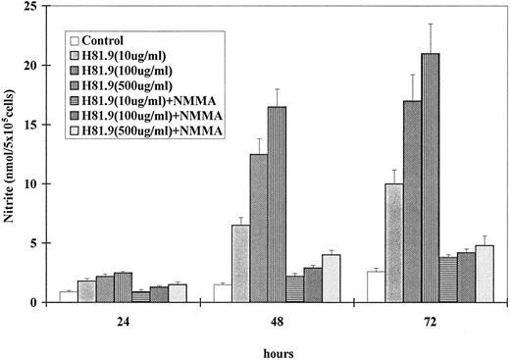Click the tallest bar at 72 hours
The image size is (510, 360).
click(430, 178)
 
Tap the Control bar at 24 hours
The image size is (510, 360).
click(68, 296)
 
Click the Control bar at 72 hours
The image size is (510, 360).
click(375, 286)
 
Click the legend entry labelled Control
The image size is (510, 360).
click(108, 41)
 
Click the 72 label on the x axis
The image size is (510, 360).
click(429, 319)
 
